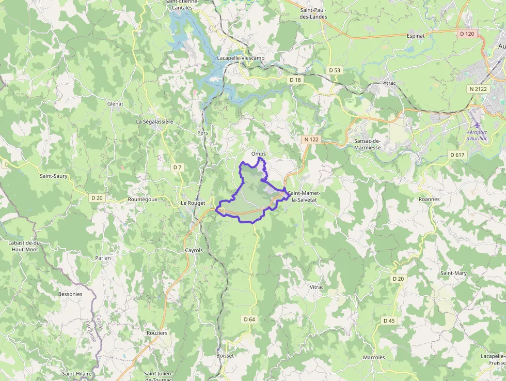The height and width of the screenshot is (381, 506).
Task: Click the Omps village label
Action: click(x=258, y=154)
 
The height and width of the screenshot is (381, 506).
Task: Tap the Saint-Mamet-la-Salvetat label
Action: click(x=305, y=196)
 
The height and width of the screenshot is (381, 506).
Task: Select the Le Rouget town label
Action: click(x=193, y=203)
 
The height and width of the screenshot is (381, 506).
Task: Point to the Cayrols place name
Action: click(x=194, y=250)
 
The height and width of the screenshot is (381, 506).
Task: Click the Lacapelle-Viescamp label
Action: click(x=241, y=58)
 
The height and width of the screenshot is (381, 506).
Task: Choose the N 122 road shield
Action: click(x=311, y=139)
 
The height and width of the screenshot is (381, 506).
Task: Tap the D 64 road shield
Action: click(x=249, y=319)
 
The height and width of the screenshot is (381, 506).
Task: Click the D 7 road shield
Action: click(x=177, y=167)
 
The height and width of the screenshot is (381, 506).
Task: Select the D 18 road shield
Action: click(x=295, y=80)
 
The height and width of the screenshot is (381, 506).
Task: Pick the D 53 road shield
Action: click(x=335, y=70)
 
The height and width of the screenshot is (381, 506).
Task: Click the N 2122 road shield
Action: click(x=478, y=89)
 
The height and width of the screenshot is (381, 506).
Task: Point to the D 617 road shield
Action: click(x=457, y=155)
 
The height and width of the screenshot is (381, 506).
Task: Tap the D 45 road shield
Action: click(x=389, y=321)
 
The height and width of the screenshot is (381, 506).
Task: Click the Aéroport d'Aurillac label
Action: click(x=478, y=135)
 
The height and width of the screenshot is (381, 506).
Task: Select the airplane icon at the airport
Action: click(x=476, y=126)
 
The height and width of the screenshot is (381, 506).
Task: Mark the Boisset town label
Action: click(x=225, y=356)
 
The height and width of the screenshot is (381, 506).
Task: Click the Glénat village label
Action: click(x=115, y=103)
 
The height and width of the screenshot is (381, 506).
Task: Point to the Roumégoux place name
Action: click(x=142, y=199)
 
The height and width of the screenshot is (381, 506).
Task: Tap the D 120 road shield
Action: click(x=466, y=34)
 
